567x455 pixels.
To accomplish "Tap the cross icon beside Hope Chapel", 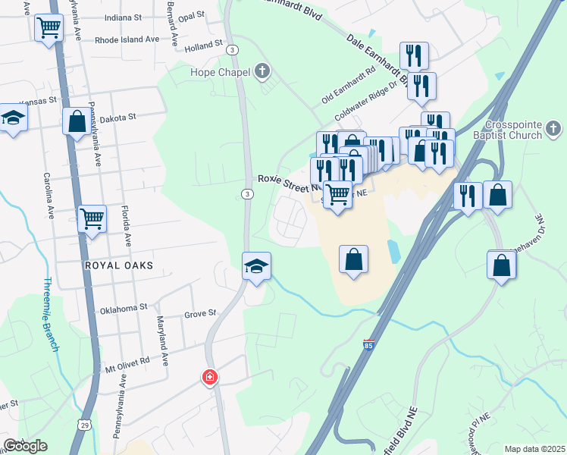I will click(x=262, y=73).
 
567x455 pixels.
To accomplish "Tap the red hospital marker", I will click(x=210, y=377).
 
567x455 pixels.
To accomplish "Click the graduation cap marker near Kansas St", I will click(x=13, y=118).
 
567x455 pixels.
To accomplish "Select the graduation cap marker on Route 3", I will click(x=256, y=266).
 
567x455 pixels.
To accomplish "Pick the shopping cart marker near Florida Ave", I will click(x=92, y=218).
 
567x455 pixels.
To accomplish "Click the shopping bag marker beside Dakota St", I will click(x=76, y=121).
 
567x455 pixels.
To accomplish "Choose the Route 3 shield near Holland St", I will click(x=232, y=49).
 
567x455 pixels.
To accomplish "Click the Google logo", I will click(x=25, y=446).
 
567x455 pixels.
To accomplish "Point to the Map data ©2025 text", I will click(x=534, y=449).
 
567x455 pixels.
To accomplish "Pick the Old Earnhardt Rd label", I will click(x=349, y=86).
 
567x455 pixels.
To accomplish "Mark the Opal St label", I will click(x=192, y=15).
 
